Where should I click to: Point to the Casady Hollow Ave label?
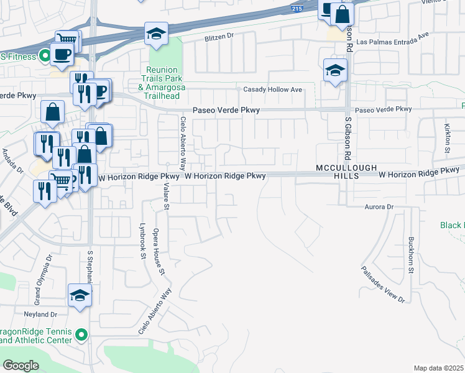tap(272, 90)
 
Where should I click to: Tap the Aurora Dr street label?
tap(379, 206)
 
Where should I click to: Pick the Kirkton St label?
tap(448, 138)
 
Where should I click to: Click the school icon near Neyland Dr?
tap(80, 295)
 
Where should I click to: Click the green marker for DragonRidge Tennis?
tap(80, 336)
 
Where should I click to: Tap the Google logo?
tap(21, 365)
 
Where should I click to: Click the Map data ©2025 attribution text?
tap(438, 368)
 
